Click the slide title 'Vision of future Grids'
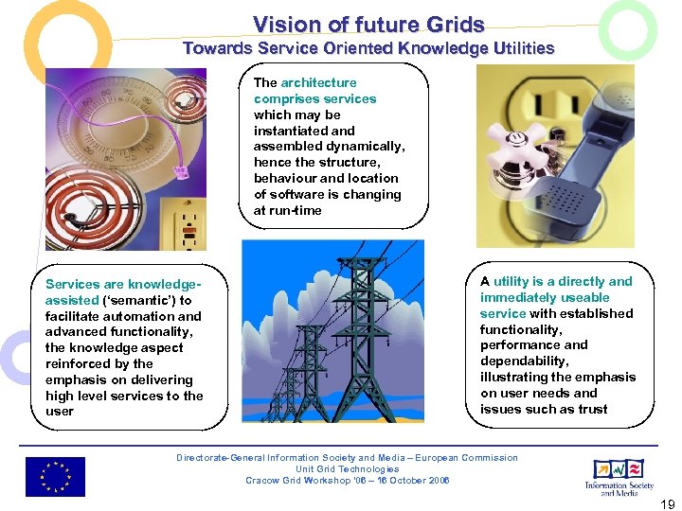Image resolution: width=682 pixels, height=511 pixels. (x=368, y=25)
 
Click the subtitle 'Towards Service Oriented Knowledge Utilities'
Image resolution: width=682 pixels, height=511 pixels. (x=368, y=47)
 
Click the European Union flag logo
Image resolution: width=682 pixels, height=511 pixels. (x=55, y=477)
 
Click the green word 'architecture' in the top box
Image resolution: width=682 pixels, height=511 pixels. (x=318, y=83)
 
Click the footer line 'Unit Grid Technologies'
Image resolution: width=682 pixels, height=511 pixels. (x=347, y=468)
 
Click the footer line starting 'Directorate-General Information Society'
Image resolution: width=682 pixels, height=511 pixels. (x=347, y=458)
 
